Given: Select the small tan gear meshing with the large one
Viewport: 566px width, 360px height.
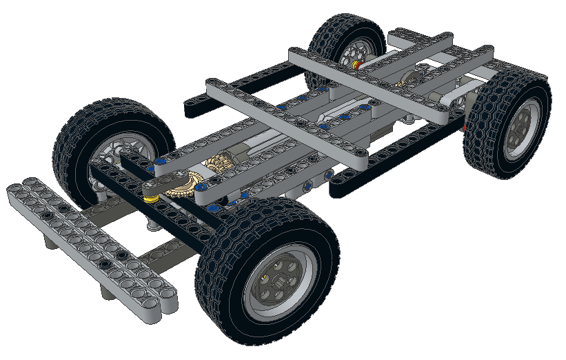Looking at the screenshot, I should coord(217,164).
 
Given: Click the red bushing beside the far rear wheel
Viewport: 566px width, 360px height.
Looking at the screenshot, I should coord(356,66).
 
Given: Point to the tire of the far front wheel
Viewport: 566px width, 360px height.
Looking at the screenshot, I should coord(83,131).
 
